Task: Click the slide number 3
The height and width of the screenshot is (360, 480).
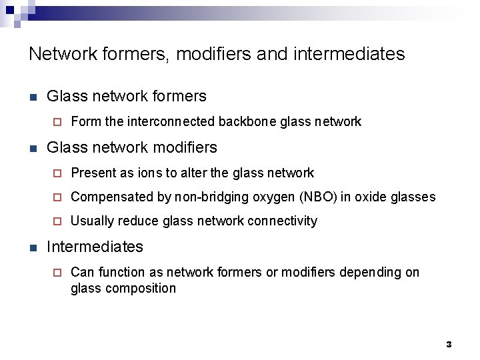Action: coord(449,345)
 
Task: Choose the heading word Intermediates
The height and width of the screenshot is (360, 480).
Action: coord(95,247)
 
